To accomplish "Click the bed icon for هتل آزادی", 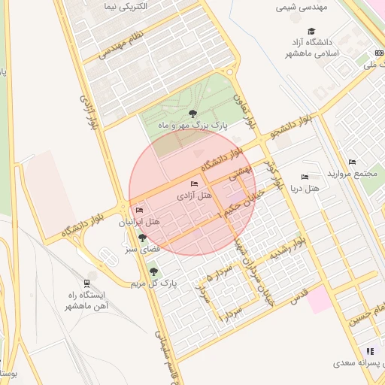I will pos(195,183).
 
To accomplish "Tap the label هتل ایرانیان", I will pos(140,223).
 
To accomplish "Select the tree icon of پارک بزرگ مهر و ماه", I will pos(193,114).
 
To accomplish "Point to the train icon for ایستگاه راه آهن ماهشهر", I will pos(88,283).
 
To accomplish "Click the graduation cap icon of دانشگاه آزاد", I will pos(311,31).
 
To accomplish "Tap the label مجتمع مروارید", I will pos(352,174).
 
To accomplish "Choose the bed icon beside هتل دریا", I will pos(305,177).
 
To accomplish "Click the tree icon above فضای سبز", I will pos(141,238).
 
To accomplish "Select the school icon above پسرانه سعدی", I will pos(369,350).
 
